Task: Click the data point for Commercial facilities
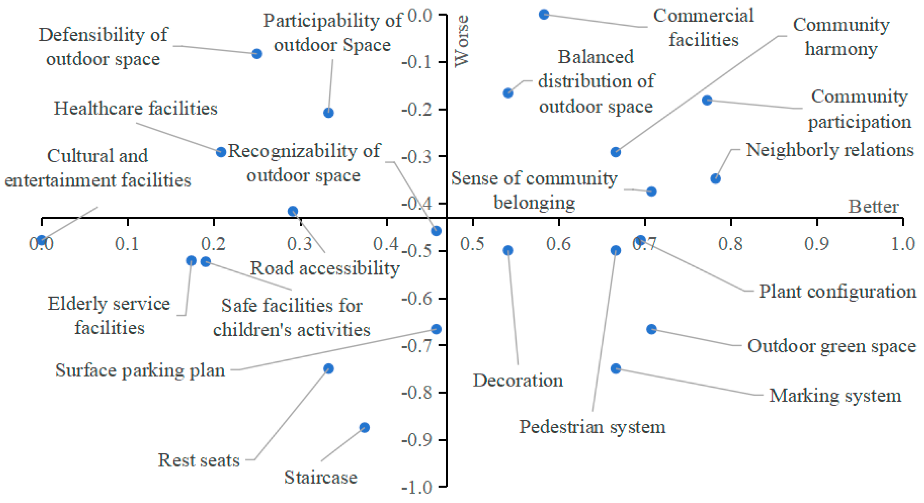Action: click(544, 15)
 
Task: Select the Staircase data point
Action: click(364, 427)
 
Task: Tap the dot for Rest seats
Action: click(329, 368)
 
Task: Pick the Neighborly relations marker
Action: click(715, 179)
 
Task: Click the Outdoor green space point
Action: click(651, 329)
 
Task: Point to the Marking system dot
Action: click(616, 368)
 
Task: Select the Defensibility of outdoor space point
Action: click(257, 54)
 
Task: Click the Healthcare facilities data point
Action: click(221, 152)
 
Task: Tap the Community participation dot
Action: click(707, 100)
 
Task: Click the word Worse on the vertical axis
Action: click(462, 41)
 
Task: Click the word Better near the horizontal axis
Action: click(873, 207)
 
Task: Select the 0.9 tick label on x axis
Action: click(816, 244)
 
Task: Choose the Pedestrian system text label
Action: click(592, 427)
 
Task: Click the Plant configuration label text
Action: click(837, 292)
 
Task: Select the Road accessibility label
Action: click(325, 268)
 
